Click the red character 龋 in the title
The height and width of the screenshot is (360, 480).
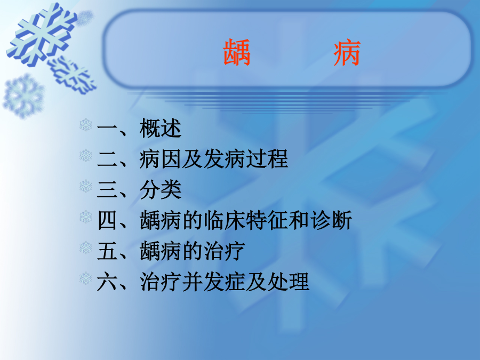tap(237, 53)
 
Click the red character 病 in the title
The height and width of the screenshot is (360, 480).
tap(347, 53)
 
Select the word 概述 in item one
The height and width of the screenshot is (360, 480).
tap(161, 128)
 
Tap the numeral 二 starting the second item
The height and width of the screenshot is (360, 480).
tap(107, 159)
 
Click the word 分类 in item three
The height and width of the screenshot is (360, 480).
tap(161, 190)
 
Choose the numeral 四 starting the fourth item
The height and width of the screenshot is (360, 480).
tap(107, 220)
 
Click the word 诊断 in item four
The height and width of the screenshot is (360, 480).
tap(331, 220)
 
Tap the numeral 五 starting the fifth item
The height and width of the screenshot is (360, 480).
tap(107, 251)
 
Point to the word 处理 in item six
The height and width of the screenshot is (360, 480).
tap(288, 282)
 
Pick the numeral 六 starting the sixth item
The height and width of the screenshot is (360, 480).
tap(107, 282)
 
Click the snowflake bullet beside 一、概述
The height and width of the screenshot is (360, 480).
tap(86, 125)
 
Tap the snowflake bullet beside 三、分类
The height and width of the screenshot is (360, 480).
tap(86, 186)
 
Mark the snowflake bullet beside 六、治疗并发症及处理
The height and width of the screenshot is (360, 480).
tap(86, 278)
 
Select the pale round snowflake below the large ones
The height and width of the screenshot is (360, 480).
tap(23, 96)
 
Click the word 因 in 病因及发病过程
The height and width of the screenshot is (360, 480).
tap(171, 159)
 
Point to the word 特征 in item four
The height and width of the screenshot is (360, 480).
tap(267, 220)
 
